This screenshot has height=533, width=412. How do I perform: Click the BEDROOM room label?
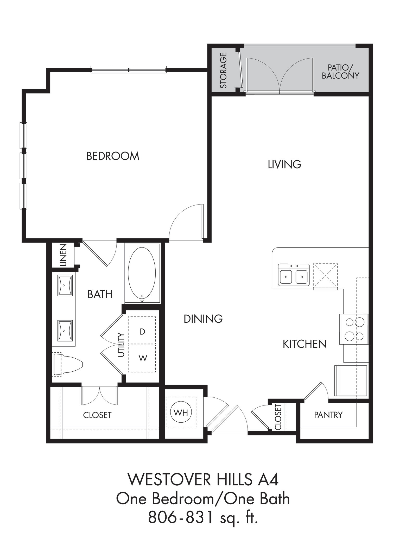coord(113,156)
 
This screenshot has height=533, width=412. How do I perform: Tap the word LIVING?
coord(284,164)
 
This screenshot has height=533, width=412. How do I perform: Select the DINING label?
coord(203,319)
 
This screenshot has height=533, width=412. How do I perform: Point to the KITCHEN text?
coord(305,344)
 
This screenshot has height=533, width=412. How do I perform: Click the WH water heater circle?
coord(181,412)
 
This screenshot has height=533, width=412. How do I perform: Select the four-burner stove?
coord(354,329)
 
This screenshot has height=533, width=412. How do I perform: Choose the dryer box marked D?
coord(142,331)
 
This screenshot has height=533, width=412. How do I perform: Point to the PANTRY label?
coord(328,415)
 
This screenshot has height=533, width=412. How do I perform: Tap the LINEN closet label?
coord(64,255)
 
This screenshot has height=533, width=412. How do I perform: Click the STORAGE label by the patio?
coord(223,71)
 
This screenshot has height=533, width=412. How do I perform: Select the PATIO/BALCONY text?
coord(340,72)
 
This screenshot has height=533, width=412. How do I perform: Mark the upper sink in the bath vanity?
coord(65,285)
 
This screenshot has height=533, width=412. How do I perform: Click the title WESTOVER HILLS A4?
coord(203,479)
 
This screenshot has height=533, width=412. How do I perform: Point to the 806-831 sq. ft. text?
coord(203,517)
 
